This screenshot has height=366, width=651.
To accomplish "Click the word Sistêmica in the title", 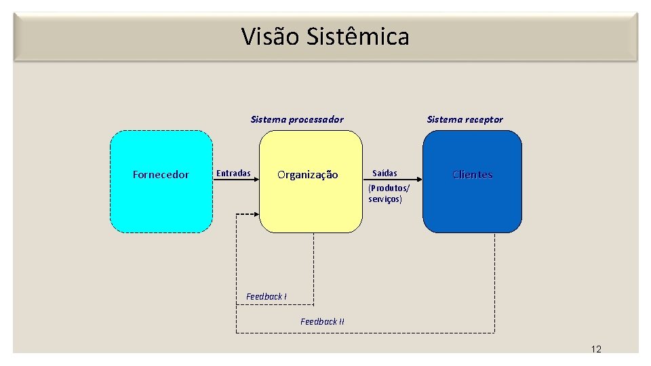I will (x=358, y=36).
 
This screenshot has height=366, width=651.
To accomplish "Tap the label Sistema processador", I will (x=297, y=119).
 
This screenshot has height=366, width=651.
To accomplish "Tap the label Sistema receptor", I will (x=465, y=119).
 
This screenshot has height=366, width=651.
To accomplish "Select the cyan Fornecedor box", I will (x=161, y=203).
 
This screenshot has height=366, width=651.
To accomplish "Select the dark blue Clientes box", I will (x=472, y=207).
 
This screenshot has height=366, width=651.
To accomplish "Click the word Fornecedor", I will (x=161, y=175).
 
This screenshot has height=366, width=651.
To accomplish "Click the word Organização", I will (x=308, y=175).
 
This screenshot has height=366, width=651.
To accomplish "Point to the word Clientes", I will (x=472, y=175).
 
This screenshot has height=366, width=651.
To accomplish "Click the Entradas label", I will (x=233, y=174).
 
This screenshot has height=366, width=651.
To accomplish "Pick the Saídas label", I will (x=384, y=174).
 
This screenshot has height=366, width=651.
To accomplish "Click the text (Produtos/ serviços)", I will (x=389, y=193).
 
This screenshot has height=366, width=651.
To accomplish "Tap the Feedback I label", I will (x=266, y=297).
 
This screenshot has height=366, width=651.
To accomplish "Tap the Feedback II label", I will (x=322, y=321).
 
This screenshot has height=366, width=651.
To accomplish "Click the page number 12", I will (x=596, y=349).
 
